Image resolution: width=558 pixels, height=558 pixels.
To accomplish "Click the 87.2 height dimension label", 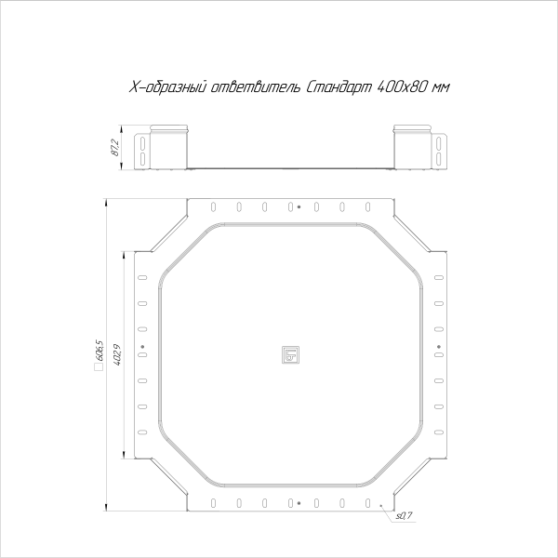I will tap(114, 148).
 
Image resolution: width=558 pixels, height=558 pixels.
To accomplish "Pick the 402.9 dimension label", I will tap(115, 354).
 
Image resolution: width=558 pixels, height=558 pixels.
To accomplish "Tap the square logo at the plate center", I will tap(290, 354).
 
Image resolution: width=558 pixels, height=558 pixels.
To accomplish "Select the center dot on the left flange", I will tap(142, 347).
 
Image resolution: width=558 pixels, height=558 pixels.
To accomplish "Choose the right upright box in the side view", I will tap(412, 147).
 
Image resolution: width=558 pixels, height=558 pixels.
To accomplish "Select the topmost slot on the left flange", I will tap(142, 277).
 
